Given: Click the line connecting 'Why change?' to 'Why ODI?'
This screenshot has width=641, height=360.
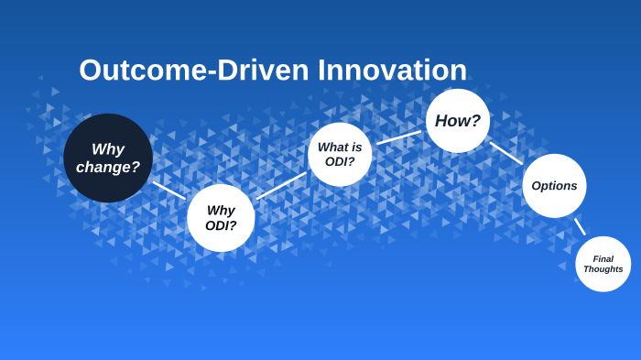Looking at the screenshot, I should (169, 190).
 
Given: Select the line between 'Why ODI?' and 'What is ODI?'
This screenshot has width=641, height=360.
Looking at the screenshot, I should (281, 185).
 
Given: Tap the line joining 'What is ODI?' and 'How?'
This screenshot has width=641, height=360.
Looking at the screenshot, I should (398, 137).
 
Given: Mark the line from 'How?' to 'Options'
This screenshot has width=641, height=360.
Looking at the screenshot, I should (506, 153).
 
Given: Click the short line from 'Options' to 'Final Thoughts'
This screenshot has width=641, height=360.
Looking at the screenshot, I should (580, 226).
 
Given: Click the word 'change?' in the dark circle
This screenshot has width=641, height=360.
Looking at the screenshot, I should (108, 168).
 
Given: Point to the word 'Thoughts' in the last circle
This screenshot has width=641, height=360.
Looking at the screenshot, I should (603, 269).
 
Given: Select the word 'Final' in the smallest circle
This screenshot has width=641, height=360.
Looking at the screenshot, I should (603, 258).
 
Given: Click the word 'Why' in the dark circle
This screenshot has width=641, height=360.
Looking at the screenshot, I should (108, 149).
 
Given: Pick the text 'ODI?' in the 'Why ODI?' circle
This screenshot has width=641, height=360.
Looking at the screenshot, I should (221, 225).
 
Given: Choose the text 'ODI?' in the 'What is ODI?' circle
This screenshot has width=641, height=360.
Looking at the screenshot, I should (340, 162).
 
